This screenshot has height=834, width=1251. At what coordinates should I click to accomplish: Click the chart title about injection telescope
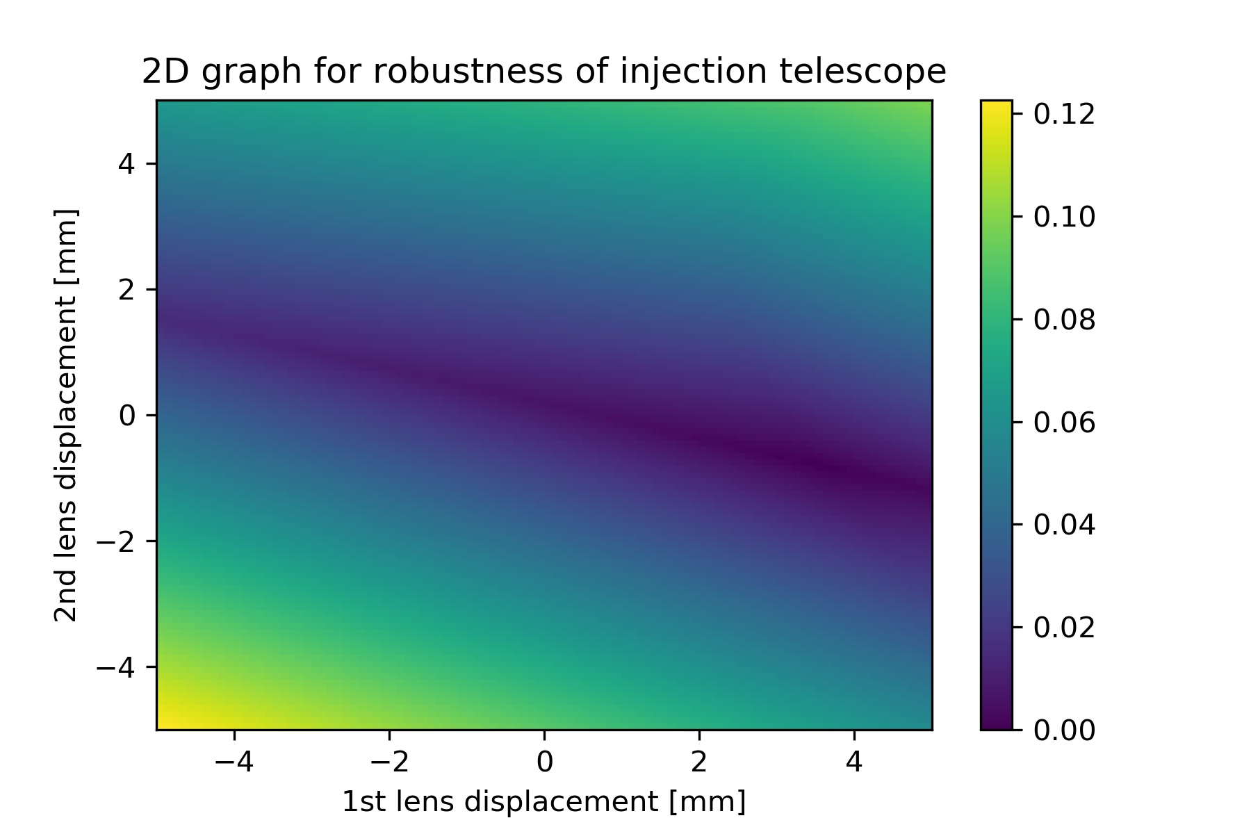click(x=544, y=72)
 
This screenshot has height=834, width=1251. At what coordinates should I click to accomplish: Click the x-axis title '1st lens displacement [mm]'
click(x=544, y=802)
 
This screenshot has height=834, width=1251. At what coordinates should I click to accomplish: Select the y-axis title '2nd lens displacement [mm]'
click(x=66, y=415)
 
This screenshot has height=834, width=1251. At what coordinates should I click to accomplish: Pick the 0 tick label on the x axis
click(x=544, y=763)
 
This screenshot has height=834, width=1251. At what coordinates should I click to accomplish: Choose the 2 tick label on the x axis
click(x=699, y=763)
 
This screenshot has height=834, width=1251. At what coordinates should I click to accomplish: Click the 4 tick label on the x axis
click(x=854, y=763)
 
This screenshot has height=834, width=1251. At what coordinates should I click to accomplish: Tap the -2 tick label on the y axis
click(x=115, y=541)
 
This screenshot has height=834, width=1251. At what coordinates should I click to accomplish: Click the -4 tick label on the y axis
click(x=115, y=667)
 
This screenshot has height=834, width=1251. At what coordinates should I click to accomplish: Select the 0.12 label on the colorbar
click(x=1064, y=115)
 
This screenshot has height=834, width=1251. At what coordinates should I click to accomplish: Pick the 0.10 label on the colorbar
click(x=1064, y=217)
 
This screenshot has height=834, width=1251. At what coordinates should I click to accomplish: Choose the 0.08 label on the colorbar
click(x=1064, y=320)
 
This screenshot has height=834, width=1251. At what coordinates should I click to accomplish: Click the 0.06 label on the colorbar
click(x=1064, y=423)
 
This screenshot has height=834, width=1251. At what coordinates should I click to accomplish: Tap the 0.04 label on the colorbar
click(x=1064, y=525)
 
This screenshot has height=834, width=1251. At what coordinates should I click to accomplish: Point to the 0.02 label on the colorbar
click(x=1064, y=628)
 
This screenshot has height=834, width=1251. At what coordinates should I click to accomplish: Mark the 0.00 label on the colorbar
click(x=1064, y=730)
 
